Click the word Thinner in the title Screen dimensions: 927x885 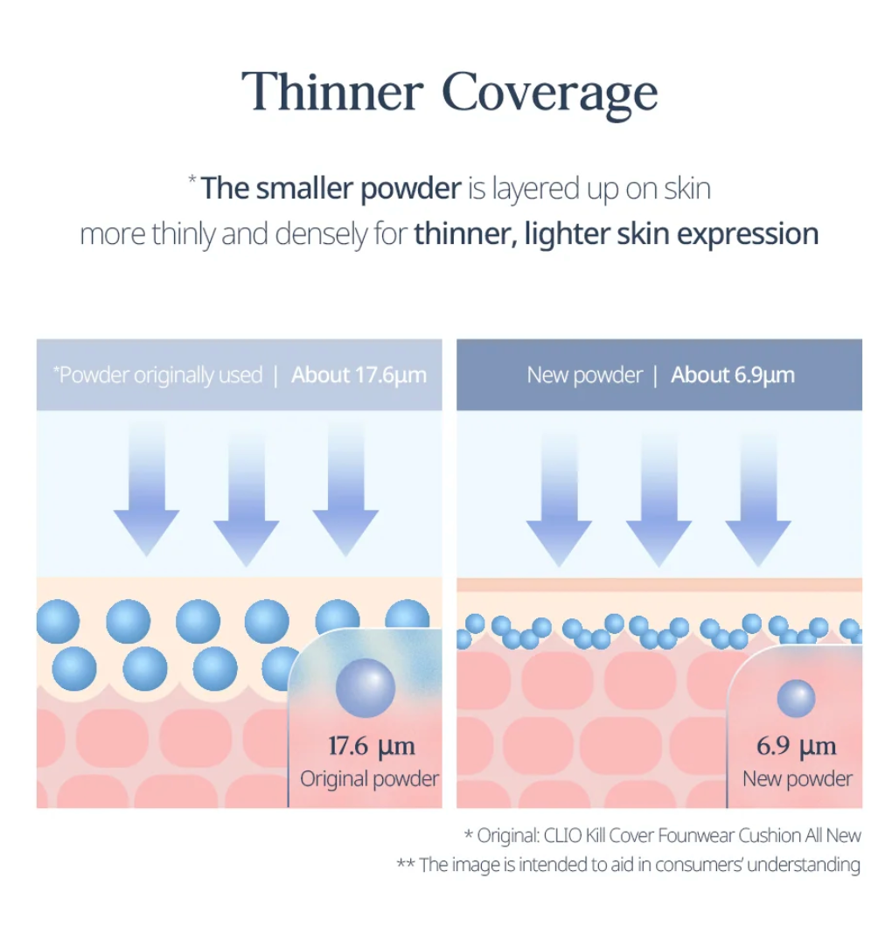pyautogui.click(x=331, y=92)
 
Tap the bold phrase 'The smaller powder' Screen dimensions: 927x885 pyautogui.click(x=331, y=188)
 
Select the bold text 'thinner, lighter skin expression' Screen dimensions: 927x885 pyautogui.click(x=616, y=234)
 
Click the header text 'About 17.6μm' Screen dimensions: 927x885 pyautogui.click(x=359, y=375)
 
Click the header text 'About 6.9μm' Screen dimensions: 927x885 pyautogui.click(x=732, y=375)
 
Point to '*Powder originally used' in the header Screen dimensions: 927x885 pyautogui.click(x=157, y=375)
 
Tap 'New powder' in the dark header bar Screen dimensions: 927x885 pyautogui.click(x=584, y=375)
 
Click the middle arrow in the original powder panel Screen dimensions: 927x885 pyautogui.click(x=246, y=494)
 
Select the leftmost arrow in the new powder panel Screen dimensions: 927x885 pyautogui.click(x=559, y=494)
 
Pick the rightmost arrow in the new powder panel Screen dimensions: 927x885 pyautogui.click(x=758, y=494)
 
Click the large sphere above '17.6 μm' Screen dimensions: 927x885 pyautogui.click(x=366, y=686)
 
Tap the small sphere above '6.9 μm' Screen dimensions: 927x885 pyautogui.click(x=796, y=699)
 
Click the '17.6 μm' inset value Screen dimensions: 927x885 pyautogui.click(x=371, y=746)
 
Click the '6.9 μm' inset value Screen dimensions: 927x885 pyautogui.click(x=796, y=746)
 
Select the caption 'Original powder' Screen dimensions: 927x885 pyautogui.click(x=369, y=778)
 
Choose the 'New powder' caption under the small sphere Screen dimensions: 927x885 pyautogui.click(x=797, y=778)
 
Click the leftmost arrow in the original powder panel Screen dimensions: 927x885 pyautogui.click(x=146, y=494)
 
